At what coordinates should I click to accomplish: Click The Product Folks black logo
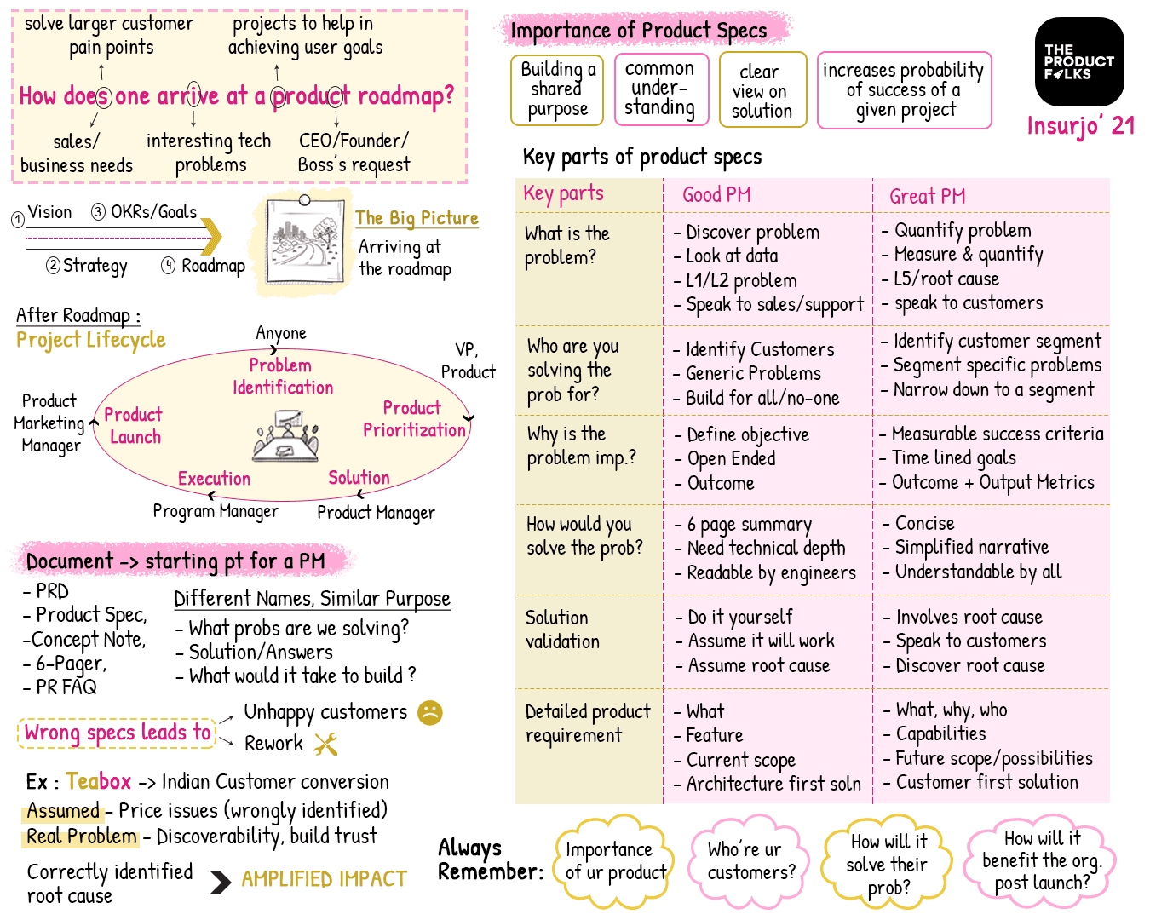click(x=1079, y=61)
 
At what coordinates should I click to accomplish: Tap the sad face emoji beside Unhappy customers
click(x=430, y=712)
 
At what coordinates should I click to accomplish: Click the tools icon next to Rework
click(x=325, y=745)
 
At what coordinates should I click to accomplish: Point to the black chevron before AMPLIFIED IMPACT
click(x=220, y=882)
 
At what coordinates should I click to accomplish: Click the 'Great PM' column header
click(x=927, y=197)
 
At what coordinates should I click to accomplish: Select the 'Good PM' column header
click(x=716, y=195)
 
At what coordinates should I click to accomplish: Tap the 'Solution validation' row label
click(x=562, y=630)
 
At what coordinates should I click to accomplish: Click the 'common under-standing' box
click(x=660, y=89)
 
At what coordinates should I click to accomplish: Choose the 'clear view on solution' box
click(x=762, y=90)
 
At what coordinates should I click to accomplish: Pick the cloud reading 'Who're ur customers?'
click(x=750, y=860)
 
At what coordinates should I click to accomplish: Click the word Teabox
click(x=99, y=781)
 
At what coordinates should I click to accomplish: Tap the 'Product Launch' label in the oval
click(x=134, y=426)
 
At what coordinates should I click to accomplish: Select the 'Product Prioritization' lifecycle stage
click(x=414, y=419)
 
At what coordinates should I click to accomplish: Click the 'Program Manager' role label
click(x=216, y=511)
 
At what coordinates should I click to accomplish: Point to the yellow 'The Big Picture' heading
click(x=417, y=218)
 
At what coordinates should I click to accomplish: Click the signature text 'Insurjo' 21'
click(x=1080, y=126)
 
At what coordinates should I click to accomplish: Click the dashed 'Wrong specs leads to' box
click(x=118, y=733)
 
